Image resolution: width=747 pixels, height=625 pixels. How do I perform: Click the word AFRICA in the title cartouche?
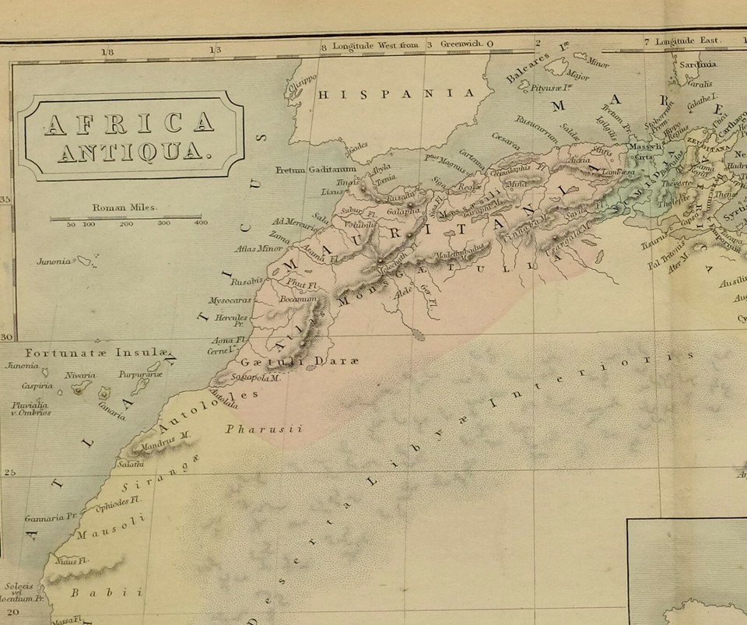click(x=129, y=122)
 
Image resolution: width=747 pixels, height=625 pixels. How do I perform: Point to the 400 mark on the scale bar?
click(x=200, y=223)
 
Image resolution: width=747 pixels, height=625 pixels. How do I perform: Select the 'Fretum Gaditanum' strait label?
click(x=316, y=170)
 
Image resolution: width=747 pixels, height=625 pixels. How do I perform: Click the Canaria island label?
click(x=111, y=409)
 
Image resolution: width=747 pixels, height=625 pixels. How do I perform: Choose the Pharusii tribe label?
click(x=262, y=429)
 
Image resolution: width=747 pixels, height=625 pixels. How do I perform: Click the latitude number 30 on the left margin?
click(x=6, y=337)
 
